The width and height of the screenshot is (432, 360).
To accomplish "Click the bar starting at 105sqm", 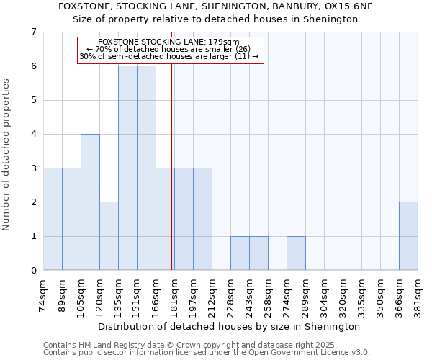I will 90,202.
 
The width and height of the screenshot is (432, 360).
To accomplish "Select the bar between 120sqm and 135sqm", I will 109,236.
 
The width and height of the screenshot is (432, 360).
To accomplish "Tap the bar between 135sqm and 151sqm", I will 127,168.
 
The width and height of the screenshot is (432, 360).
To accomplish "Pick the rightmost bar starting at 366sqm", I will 408,236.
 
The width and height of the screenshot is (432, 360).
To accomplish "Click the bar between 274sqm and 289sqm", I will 296,253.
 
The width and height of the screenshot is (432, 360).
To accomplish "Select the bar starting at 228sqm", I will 240,253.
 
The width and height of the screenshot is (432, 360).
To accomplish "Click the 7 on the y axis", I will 33,32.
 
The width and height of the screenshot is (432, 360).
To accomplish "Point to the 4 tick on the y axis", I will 33,134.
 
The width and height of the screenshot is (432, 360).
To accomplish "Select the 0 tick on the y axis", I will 33,271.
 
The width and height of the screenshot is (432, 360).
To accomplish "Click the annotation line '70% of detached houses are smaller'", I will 172,49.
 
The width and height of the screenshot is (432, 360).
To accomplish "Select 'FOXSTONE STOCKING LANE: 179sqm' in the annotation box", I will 172,42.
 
